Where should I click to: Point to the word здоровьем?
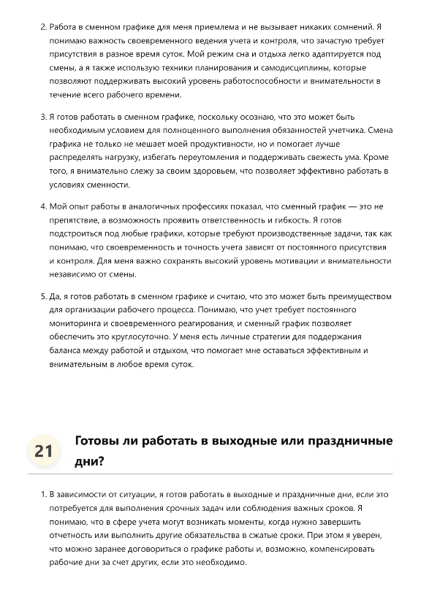tap(185, 171)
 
